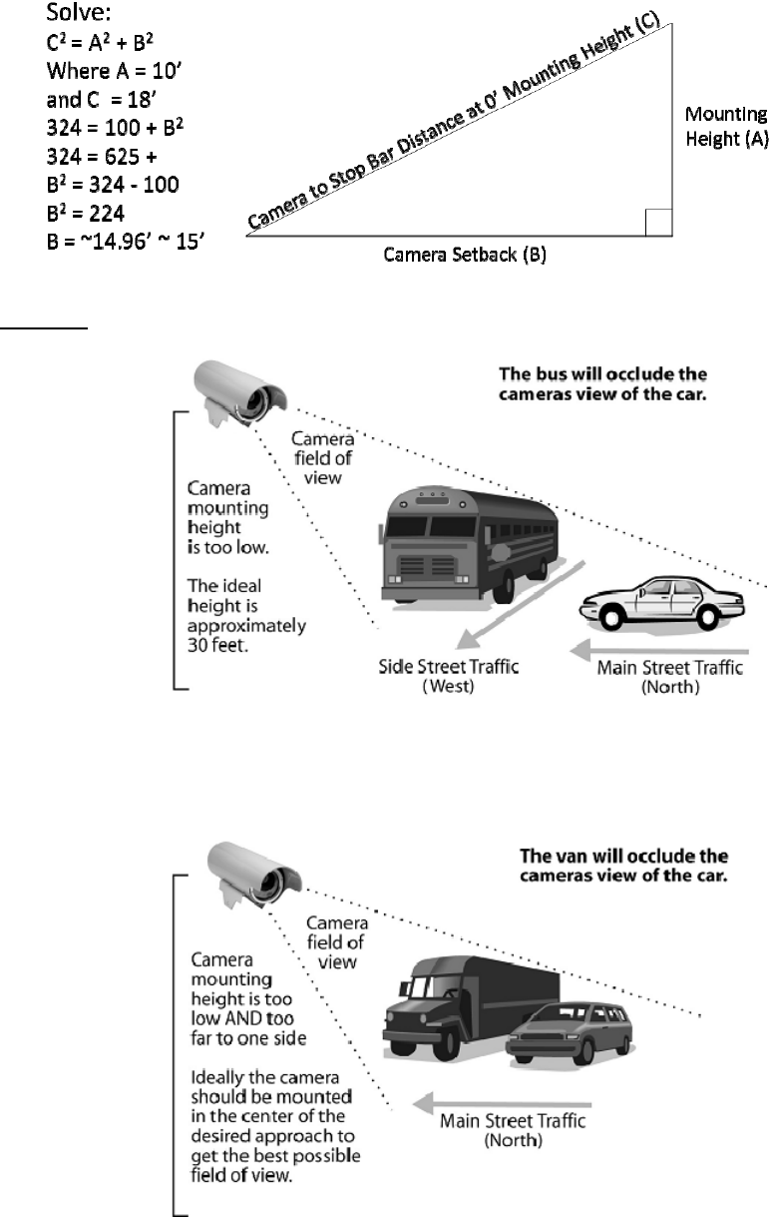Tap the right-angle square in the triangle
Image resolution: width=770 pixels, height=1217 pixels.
click(658, 222)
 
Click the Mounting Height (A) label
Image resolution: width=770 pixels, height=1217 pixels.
click(726, 127)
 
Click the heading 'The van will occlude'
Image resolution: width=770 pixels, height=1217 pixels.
click(626, 865)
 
